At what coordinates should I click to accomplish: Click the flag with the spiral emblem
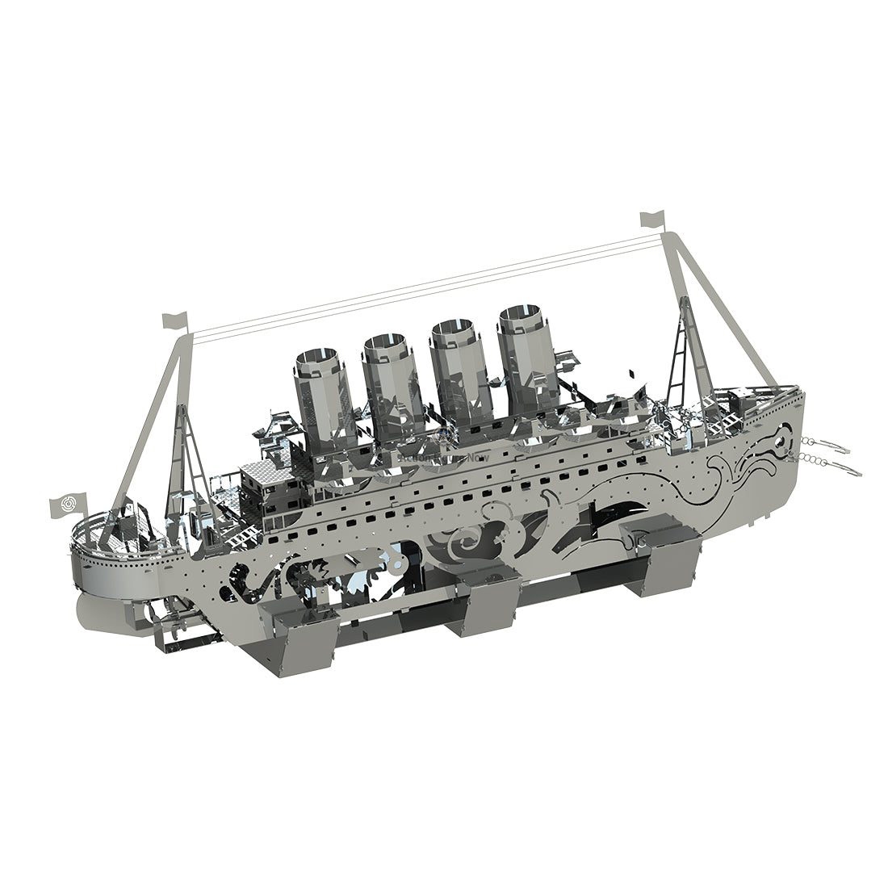[67, 505]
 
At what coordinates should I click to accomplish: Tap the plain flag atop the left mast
[174, 320]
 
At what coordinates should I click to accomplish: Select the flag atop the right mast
[651, 219]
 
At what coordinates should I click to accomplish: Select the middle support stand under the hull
[488, 598]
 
